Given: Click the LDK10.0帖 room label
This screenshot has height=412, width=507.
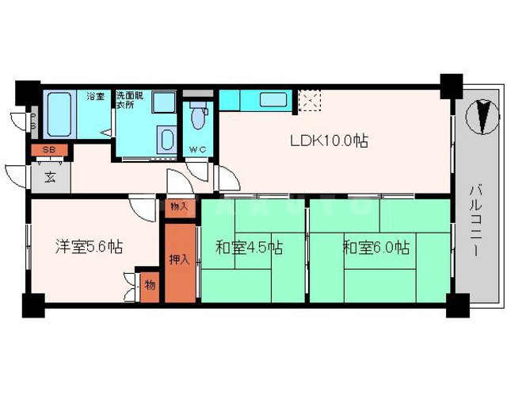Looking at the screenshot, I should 328,141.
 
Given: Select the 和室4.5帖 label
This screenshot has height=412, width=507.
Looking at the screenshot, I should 250,247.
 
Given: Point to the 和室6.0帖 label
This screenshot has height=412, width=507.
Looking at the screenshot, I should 375,247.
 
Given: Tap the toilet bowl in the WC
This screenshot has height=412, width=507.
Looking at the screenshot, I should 197,119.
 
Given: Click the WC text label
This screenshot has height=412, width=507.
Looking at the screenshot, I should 197,150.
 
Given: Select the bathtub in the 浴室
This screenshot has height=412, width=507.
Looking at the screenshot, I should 60,115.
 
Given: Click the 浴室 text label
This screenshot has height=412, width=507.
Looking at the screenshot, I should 96,97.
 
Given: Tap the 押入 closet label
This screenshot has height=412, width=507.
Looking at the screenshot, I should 180,259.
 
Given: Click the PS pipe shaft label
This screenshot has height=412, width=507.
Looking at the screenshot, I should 33,121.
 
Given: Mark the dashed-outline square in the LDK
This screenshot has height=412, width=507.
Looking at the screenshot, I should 310,100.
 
